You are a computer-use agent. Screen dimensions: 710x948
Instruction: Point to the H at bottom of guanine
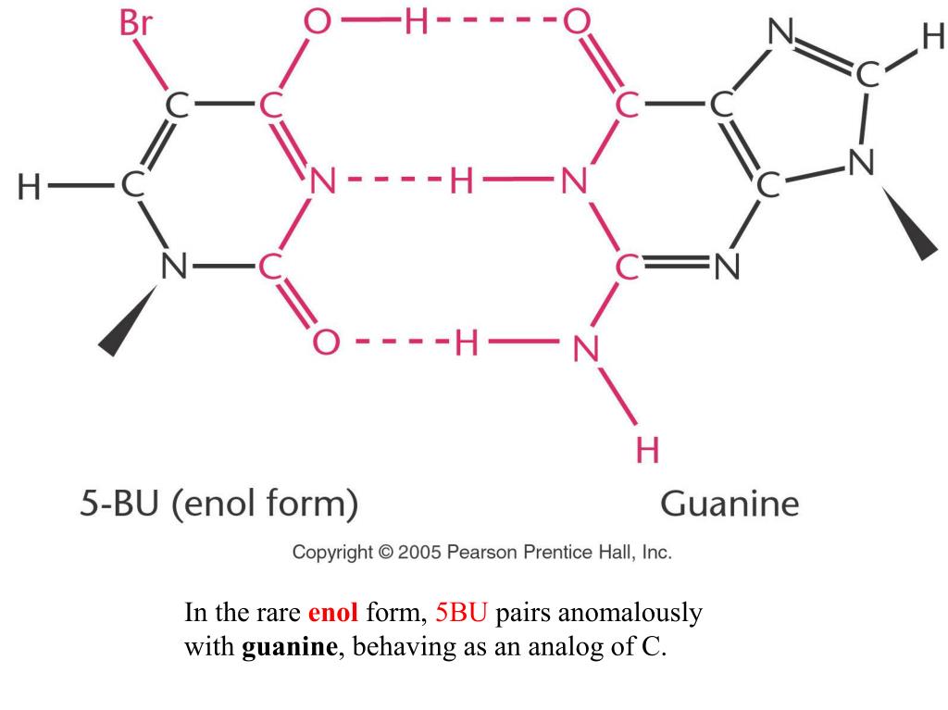click(x=648, y=451)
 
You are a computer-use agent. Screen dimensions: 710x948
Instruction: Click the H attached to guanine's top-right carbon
click(x=931, y=38)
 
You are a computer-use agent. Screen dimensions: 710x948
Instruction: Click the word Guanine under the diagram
click(x=730, y=504)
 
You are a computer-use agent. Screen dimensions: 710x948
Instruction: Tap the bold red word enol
click(x=332, y=613)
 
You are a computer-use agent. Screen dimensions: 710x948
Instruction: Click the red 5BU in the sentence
click(x=460, y=613)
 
